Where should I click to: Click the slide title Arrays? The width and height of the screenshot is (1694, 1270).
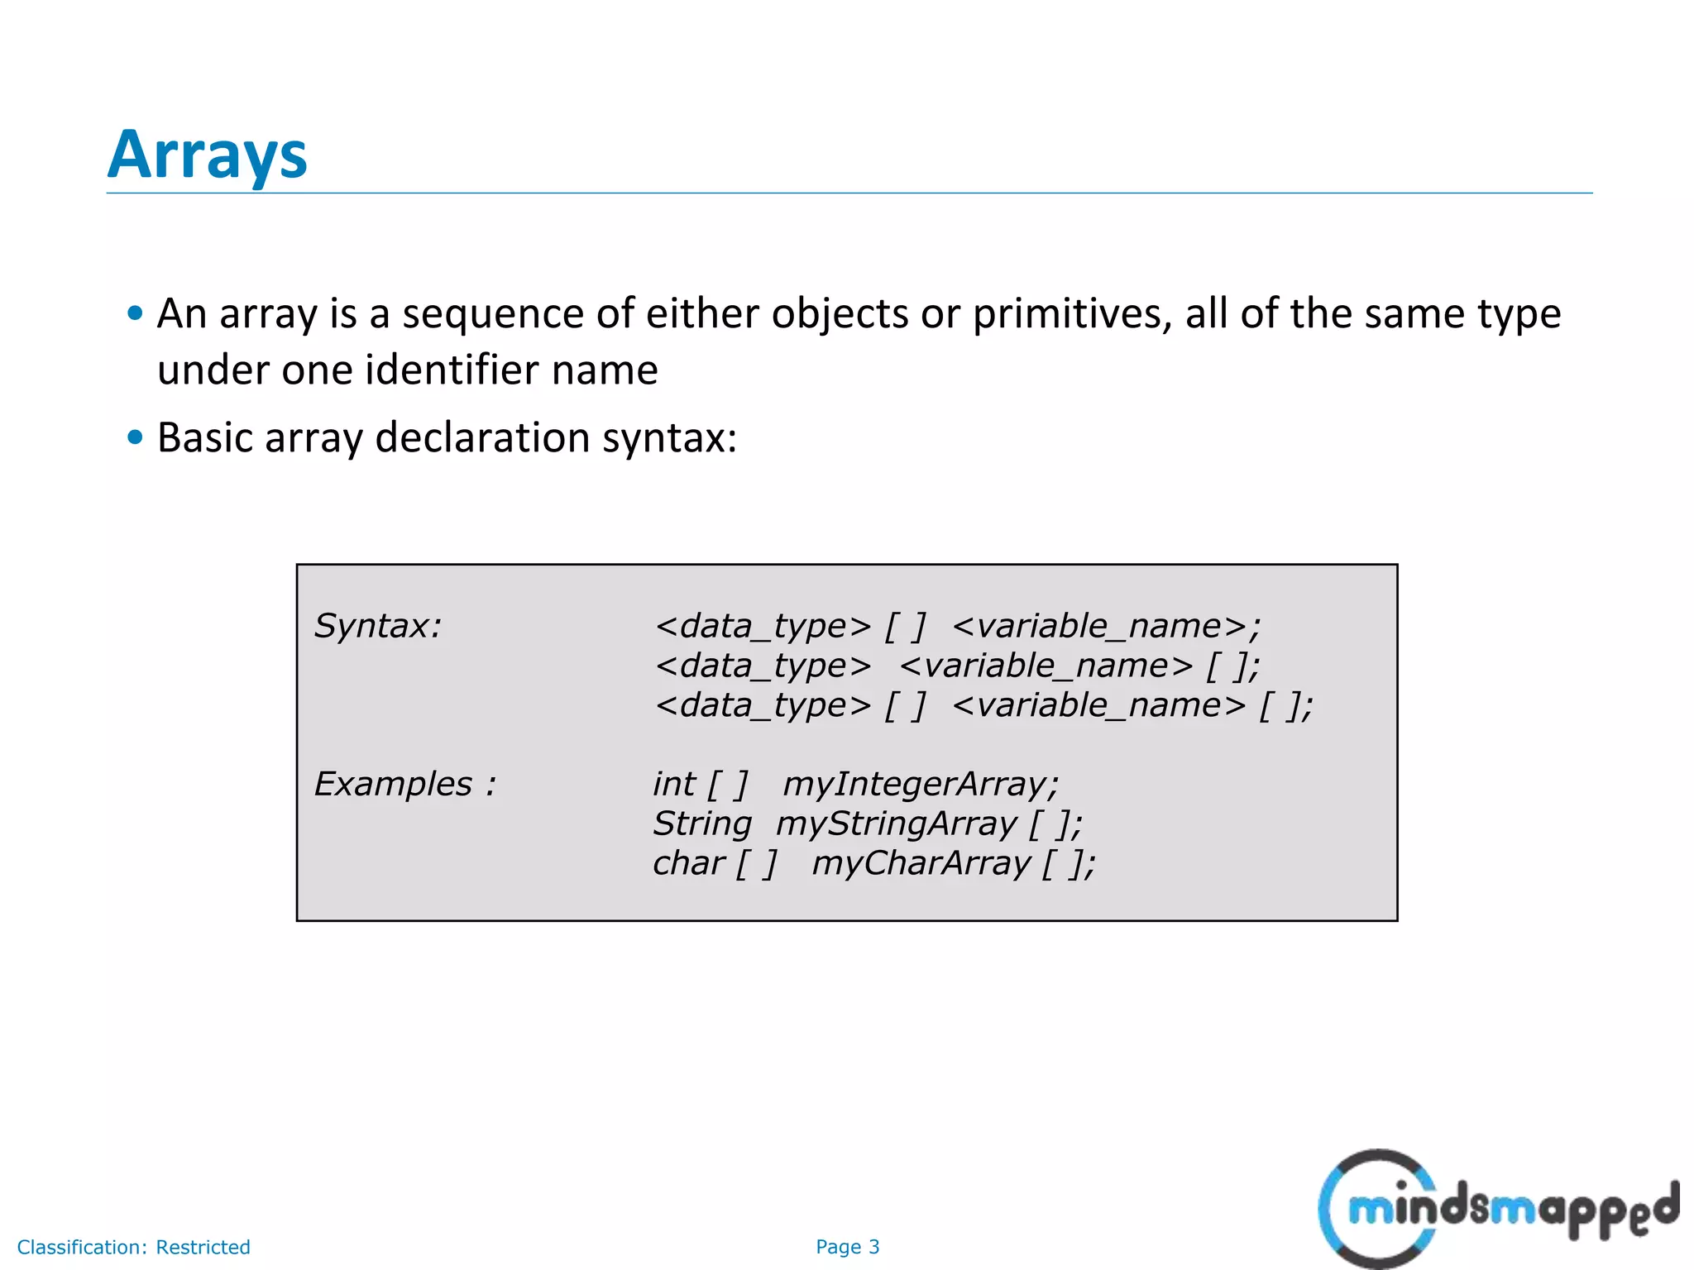207,155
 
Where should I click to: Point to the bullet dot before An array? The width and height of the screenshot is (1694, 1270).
136,313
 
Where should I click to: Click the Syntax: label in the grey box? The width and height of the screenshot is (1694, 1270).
378,626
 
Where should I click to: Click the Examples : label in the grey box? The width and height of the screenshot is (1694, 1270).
404,784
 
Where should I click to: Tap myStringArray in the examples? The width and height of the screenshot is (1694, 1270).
896,824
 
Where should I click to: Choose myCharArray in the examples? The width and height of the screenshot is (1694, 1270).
921,863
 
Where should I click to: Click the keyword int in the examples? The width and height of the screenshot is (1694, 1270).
673,784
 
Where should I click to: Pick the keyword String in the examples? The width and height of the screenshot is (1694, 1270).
701,824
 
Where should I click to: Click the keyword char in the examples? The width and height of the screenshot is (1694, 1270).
688,863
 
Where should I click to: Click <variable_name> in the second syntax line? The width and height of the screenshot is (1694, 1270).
1046,666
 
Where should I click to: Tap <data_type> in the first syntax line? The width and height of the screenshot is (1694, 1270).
763,626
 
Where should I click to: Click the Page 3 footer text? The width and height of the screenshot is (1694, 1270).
847,1247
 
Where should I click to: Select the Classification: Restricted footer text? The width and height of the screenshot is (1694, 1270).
133,1247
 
